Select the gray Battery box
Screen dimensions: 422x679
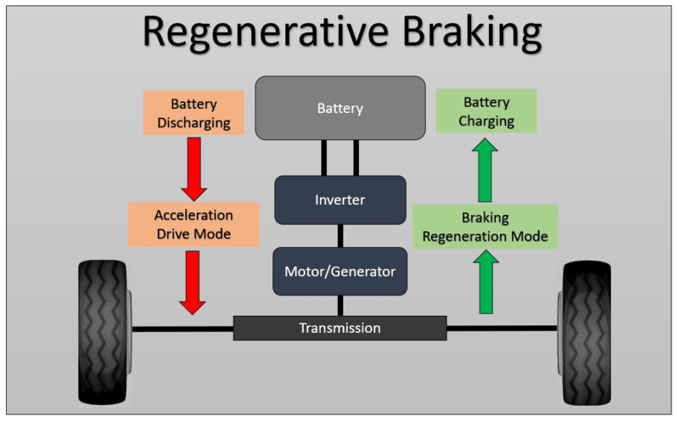click(x=340, y=108)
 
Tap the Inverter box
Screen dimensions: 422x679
click(x=340, y=200)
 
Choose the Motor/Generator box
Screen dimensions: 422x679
click(x=340, y=272)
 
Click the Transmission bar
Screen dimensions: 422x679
click(x=340, y=328)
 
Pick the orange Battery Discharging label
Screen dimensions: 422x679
click(x=194, y=113)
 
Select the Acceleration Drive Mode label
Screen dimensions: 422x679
click(x=194, y=224)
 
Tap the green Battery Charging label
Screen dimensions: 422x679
click(x=486, y=111)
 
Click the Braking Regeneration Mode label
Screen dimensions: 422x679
click(x=485, y=226)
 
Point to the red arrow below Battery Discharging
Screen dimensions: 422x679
click(x=194, y=167)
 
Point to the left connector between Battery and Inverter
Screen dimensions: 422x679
click(x=324, y=158)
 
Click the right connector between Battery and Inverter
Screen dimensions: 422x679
click(x=356, y=158)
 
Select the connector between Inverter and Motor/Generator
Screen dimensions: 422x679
click(x=340, y=236)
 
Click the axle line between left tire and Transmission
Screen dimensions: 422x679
click(x=182, y=328)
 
